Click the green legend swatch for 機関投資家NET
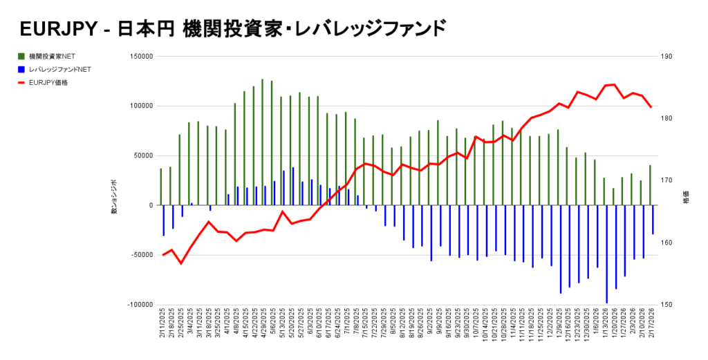click(23, 56)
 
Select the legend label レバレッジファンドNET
click(60, 69)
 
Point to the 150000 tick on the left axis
click(140, 57)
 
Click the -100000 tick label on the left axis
click(138, 305)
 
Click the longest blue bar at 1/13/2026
click(606, 254)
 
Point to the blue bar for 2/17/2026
click(653, 220)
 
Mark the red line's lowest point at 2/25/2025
click(181, 263)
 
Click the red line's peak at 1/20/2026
click(615, 84)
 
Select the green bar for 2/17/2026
click(650, 185)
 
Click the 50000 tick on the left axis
click(142, 155)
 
